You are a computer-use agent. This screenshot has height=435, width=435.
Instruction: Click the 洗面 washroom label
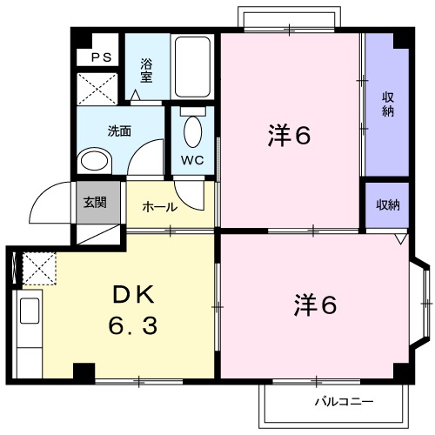[119, 131]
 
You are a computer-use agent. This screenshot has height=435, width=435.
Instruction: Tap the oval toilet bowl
[192, 131]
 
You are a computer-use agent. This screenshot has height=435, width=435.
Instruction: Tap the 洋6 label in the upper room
[289, 136]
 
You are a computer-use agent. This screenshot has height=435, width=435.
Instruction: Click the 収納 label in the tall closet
[387, 104]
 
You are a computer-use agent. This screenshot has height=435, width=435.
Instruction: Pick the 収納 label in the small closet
[387, 204]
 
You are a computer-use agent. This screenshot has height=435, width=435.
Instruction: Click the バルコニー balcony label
[344, 402]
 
